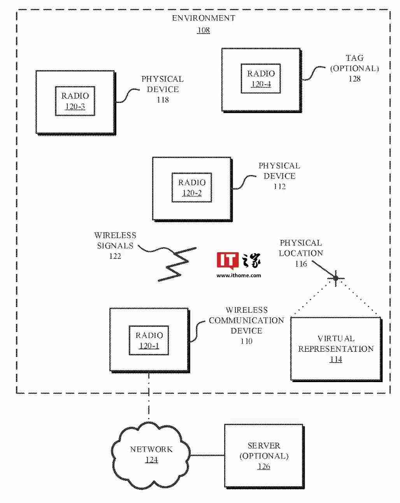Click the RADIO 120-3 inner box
(75, 101)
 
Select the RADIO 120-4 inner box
(261, 79)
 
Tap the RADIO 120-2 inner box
(192, 188)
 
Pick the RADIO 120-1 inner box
(149, 340)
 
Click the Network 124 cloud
(151, 455)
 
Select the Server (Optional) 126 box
(264, 456)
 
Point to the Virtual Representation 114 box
(336, 349)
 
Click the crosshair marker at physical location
(336, 278)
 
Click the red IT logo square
(227, 260)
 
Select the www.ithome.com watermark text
(239, 275)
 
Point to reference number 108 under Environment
(204, 30)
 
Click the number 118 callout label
(163, 100)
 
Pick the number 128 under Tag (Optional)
(354, 79)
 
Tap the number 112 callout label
(279, 186)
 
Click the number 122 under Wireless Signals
(115, 256)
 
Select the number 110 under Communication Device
(247, 341)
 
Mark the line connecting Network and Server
(207, 455)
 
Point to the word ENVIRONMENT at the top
(204, 18)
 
